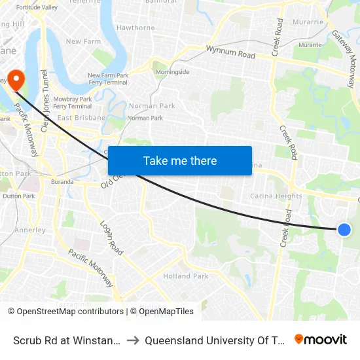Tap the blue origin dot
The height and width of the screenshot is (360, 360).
(x=344, y=230)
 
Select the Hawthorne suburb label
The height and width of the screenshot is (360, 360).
(x=135, y=28)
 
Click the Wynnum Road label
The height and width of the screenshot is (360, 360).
(x=230, y=52)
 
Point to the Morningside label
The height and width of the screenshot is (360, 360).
(x=173, y=72)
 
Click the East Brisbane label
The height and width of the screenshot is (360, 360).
(x=81, y=118)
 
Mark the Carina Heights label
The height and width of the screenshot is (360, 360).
(x=276, y=196)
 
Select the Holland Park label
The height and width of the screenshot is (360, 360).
(x=186, y=276)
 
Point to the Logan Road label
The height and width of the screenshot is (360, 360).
(x=111, y=237)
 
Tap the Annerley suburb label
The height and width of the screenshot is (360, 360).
(x=30, y=230)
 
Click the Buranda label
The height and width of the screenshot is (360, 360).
(x=62, y=183)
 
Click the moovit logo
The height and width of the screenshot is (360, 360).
(x=321, y=340)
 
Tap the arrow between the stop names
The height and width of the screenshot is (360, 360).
(x=133, y=340)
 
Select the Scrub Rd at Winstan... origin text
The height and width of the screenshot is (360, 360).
(x=66, y=340)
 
